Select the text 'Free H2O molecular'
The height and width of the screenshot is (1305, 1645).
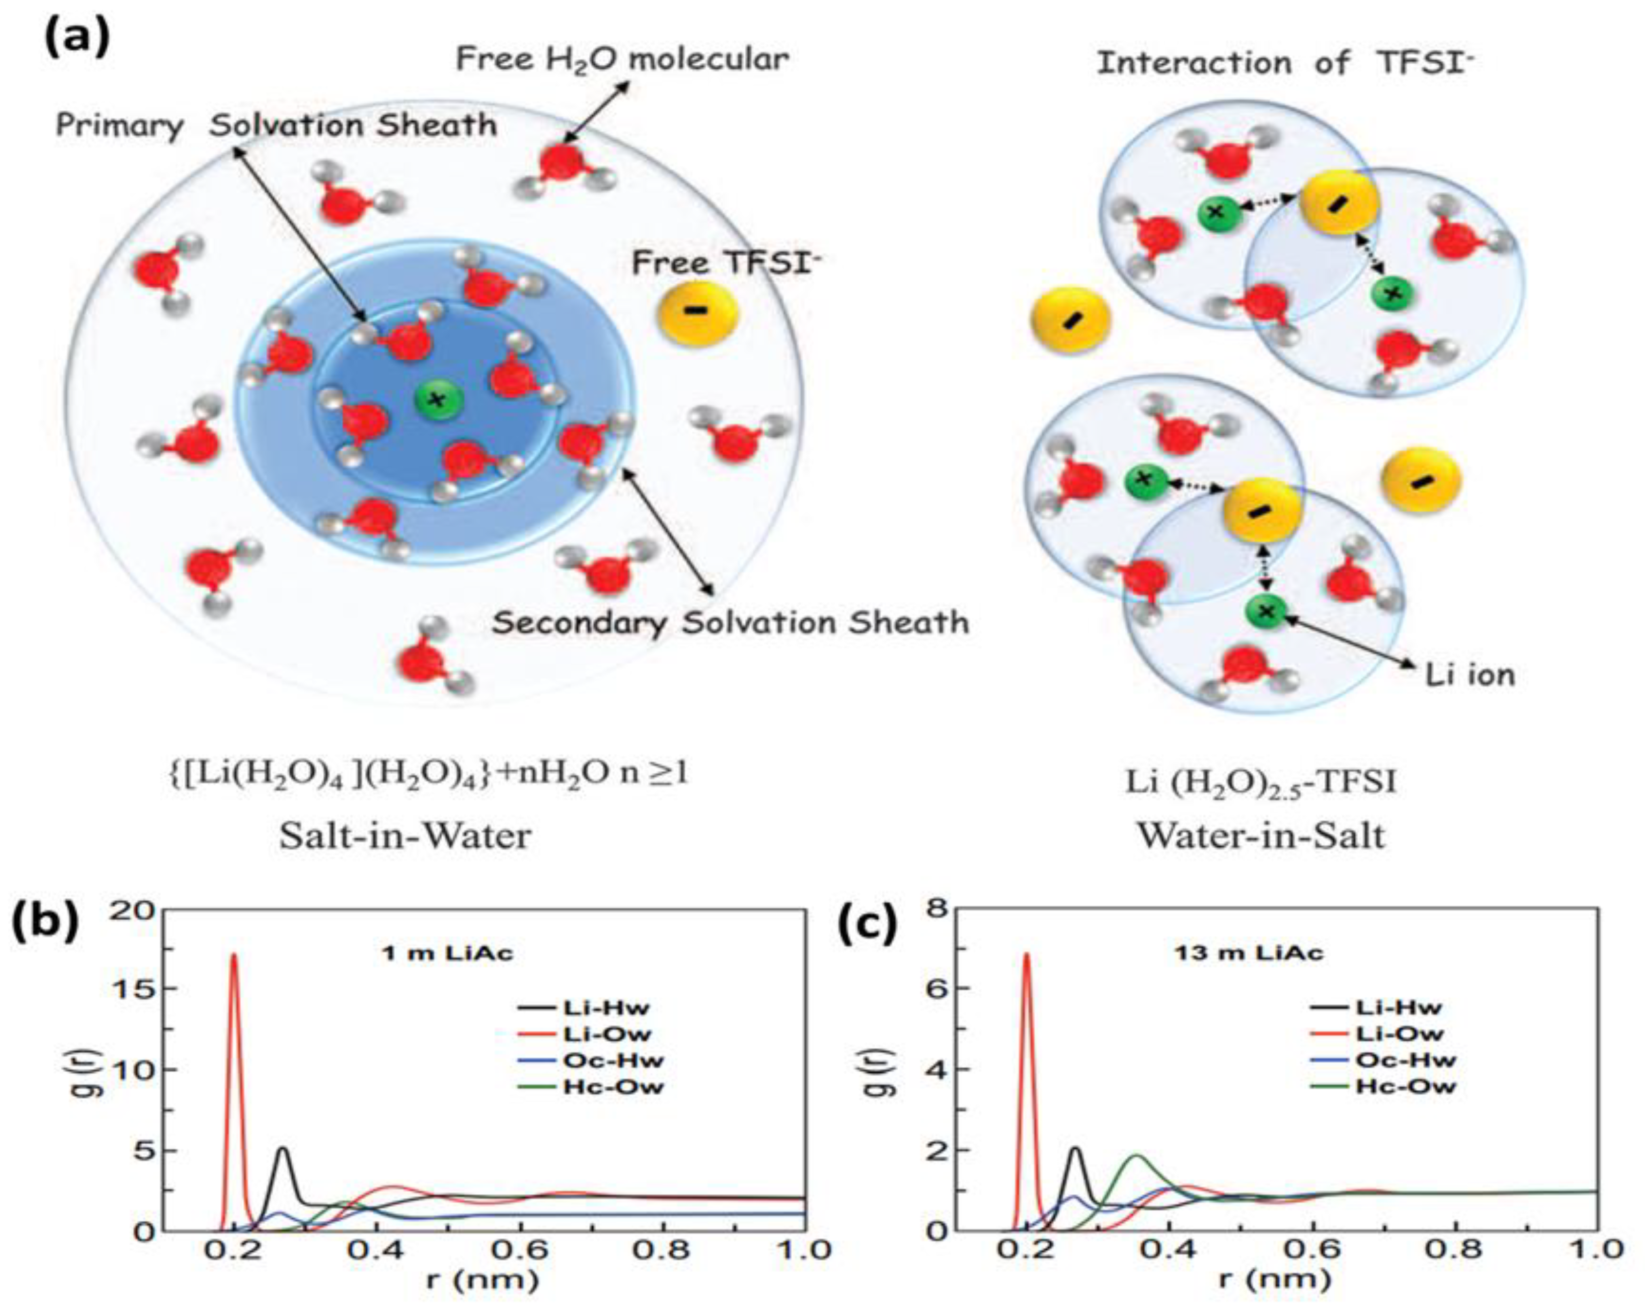pyautogui.click(x=622, y=59)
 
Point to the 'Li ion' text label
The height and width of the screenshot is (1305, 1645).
pyautogui.click(x=1469, y=674)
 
